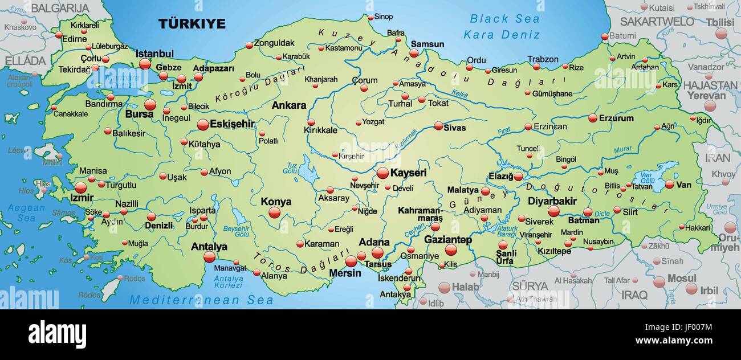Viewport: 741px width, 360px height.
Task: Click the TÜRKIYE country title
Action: coord(192,24)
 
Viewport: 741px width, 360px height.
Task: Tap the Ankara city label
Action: coord(288,105)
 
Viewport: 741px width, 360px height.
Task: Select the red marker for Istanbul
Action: coord(145,64)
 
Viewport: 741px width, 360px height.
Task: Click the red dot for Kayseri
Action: coord(382,173)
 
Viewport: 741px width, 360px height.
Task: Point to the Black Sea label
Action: coord(504,19)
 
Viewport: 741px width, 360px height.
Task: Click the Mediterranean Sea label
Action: coord(201,300)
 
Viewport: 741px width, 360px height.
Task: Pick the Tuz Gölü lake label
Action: coord(290,168)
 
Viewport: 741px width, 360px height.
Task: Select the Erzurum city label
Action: coord(616,118)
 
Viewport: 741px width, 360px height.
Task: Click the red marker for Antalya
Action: coord(209,257)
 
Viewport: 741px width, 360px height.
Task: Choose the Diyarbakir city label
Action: coord(552,201)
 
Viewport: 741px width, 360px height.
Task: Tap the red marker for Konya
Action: coord(275,212)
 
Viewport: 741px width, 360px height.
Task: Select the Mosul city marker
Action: coord(659,281)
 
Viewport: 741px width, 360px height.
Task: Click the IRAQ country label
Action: coord(634,295)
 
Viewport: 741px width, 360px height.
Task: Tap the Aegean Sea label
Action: coord(26,212)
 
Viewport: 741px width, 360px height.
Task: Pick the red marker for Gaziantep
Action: coord(451,249)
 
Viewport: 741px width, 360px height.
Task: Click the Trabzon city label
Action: coord(543,59)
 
